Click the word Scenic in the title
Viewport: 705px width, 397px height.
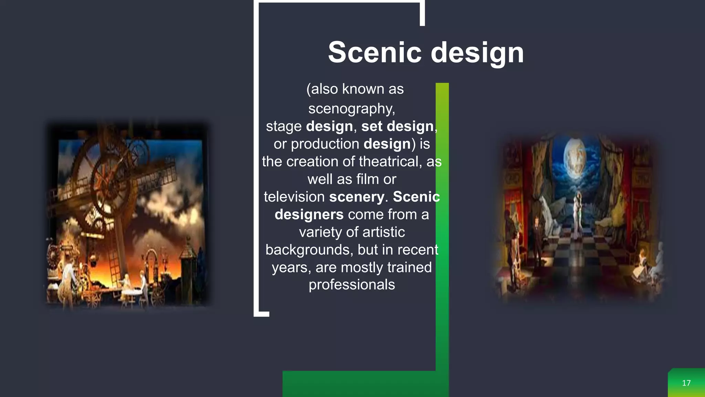click(x=375, y=52)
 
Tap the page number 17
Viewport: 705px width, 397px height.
click(x=686, y=383)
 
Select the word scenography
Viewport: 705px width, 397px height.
click(x=351, y=109)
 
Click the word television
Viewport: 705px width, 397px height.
click(x=294, y=197)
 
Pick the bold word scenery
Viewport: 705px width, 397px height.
click(x=356, y=197)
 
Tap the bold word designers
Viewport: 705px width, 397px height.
click(x=309, y=215)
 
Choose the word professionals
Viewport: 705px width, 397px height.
click(x=351, y=285)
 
